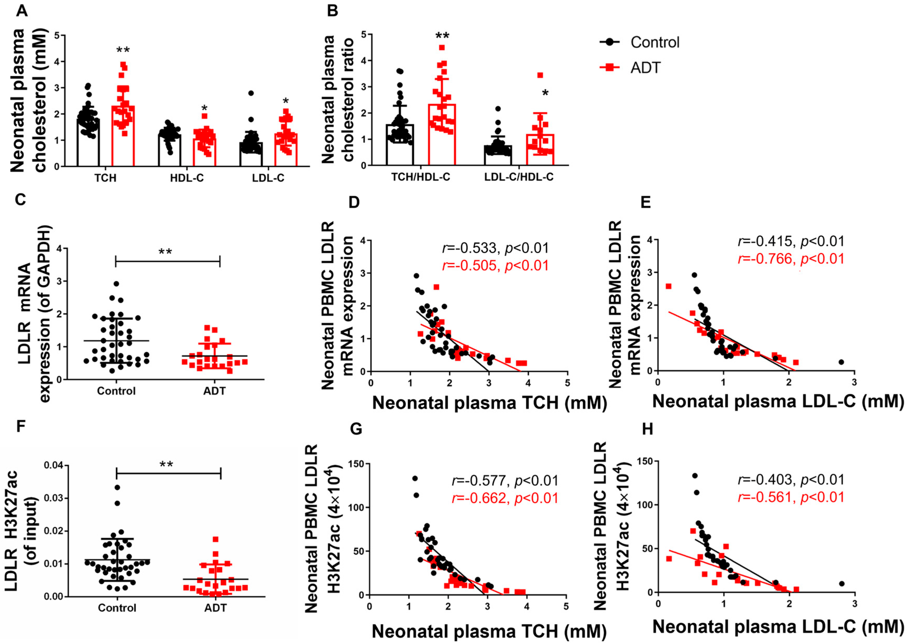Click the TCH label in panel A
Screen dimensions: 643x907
coord(106,178)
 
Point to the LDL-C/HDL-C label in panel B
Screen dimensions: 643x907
coord(519,177)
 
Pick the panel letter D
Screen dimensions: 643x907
coord(354,202)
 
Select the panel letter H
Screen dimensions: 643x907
coord(647,429)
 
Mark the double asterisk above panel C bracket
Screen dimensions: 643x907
coord(165,252)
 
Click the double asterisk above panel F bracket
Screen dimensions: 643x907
coord(166,465)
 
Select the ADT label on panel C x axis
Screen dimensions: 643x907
coord(215,391)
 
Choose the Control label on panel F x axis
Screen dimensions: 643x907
coord(117,608)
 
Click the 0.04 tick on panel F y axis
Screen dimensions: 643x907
coord(53,466)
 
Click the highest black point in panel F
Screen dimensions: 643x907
coord(117,487)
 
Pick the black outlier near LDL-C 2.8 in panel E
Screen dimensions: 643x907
coord(841,362)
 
